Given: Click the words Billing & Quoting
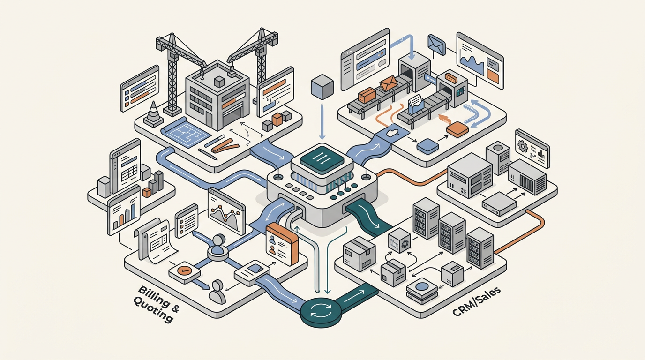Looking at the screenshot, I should pyautogui.click(x=156, y=302).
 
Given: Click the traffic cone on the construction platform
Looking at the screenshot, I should pyautogui.click(x=153, y=113).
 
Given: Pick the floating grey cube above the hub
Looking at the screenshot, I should pyautogui.click(x=322, y=86).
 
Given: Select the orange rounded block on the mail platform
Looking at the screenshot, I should pyautogui.click(x=457, y=128).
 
